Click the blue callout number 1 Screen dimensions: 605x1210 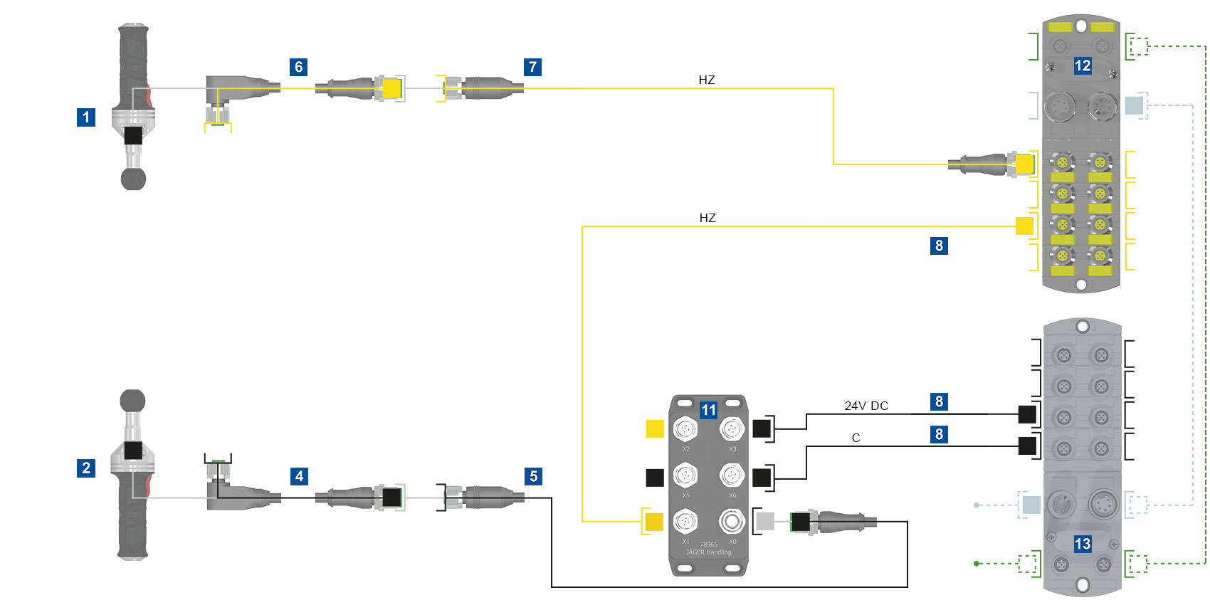click(x=86, y=117)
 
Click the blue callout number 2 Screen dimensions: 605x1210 click(x=86, y=468)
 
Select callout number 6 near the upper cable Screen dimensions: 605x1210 click(x=299, y=67)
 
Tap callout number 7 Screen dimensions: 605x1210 click(x=532, y=67)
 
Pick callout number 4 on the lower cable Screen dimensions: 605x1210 click(x=300, y=476)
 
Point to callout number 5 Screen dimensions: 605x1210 click(x=533, y=476)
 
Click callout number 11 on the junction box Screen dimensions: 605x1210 click(x=708, y=410)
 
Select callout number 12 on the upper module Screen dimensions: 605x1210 click(x=1083, y=66)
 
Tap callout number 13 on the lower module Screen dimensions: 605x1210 click(x=1083, y=544)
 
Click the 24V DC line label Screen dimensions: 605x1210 click(x=866, y=406)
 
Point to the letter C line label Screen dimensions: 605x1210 click(x=856, y=438)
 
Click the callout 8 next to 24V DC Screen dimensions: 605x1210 click(x=939, y=401)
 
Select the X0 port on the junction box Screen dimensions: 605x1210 click(x=732, y=522)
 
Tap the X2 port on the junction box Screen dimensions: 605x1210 click(x=685, y=429)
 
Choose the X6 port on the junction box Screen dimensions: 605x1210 click(x=732, y=475)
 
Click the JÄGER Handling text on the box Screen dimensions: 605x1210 click(x=708, y=552)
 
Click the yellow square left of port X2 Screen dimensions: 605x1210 click(x=655, y=428)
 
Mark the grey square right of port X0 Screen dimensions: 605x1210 click(x=765, y=522)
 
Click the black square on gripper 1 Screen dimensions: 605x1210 click(x=133, y=135)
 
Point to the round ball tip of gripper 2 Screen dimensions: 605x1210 click(x=133, y=401)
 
